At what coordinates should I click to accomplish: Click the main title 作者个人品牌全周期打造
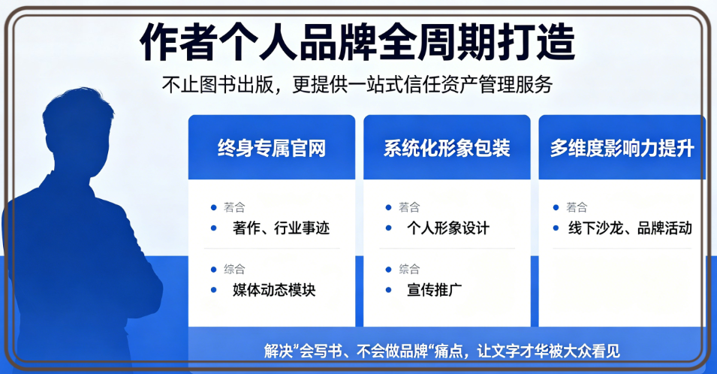[x=357, y=43]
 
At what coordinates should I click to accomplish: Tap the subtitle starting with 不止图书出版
[x=357, y=84]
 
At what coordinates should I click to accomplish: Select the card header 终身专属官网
[x=272, y=149]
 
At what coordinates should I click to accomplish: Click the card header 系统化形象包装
[x=447, y=149]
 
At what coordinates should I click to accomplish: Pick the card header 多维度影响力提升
[x=622, y=149]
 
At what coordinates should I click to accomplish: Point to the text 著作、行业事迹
[x=282, y=228]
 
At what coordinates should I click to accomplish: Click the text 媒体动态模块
[x=274, y=290]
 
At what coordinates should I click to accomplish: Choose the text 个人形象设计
[x=448, y=228]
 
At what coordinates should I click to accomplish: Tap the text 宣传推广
[x=435, y=290]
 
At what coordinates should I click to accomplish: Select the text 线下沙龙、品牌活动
[x=630, y=228]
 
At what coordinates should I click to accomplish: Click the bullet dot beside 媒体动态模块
[x=213, y=289]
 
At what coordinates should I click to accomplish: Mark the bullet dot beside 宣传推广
[x=389, y=289]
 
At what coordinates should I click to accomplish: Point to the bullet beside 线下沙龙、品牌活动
[x=556, y=228]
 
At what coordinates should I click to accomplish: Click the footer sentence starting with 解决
[x=441, y=351]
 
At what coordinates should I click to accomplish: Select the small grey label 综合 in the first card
[x=234, y=270]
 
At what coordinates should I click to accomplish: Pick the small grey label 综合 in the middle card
[x=409, y=270]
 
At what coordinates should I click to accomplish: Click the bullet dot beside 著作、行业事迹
[x=213, y=228]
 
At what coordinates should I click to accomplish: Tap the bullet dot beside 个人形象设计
[x=389, y=228]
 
